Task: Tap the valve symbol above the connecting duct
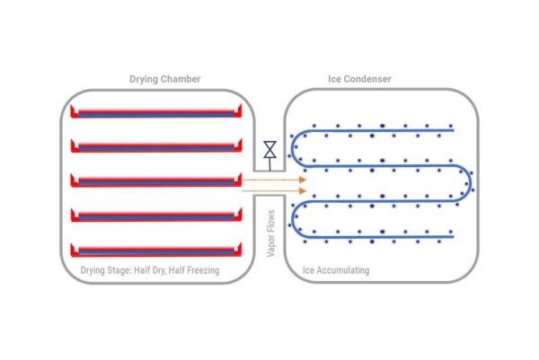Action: (x=269, y=148)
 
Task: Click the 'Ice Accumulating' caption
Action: (x=336, y=270)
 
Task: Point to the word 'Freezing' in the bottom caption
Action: (x=200, y=270)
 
